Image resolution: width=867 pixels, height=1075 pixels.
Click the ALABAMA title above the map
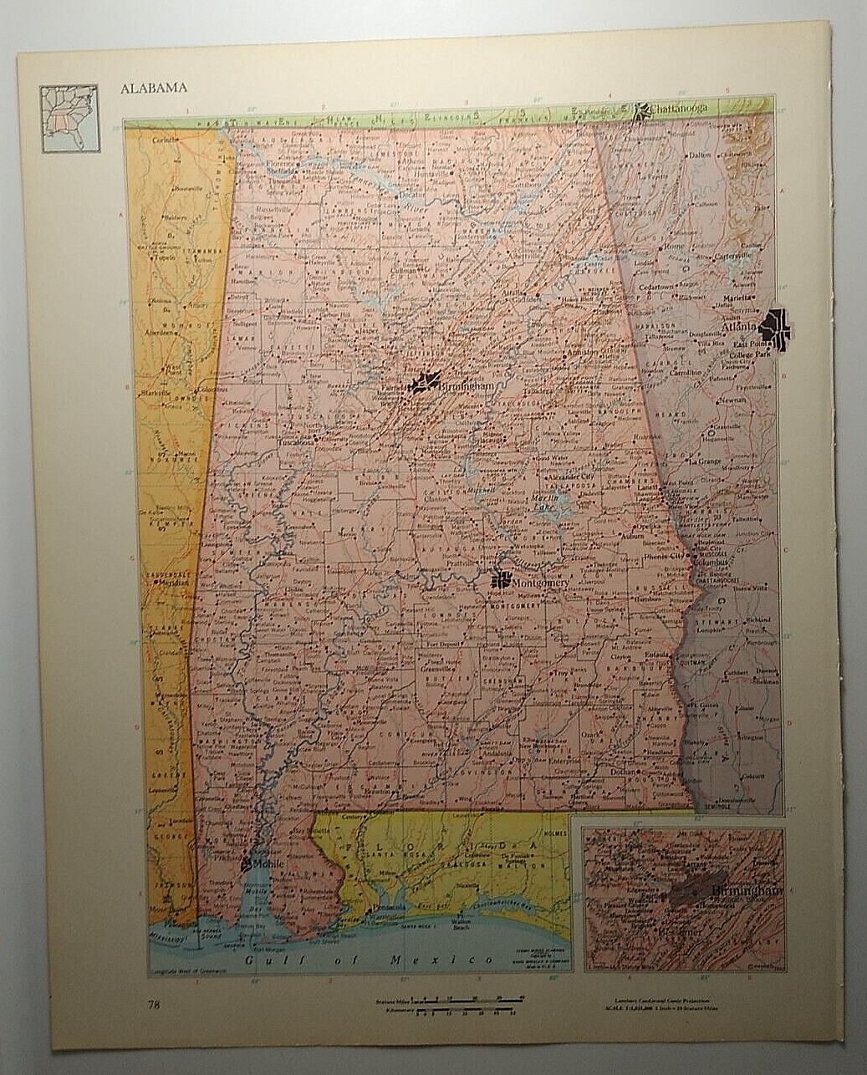[x=153, y=88]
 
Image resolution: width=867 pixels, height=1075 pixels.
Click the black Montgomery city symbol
[x=502, y=578]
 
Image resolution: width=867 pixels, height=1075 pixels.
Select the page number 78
[x=154, y=1005]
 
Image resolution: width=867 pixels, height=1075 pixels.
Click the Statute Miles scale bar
[x=471, y=998]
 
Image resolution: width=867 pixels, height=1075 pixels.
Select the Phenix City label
[x=662, y=554]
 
